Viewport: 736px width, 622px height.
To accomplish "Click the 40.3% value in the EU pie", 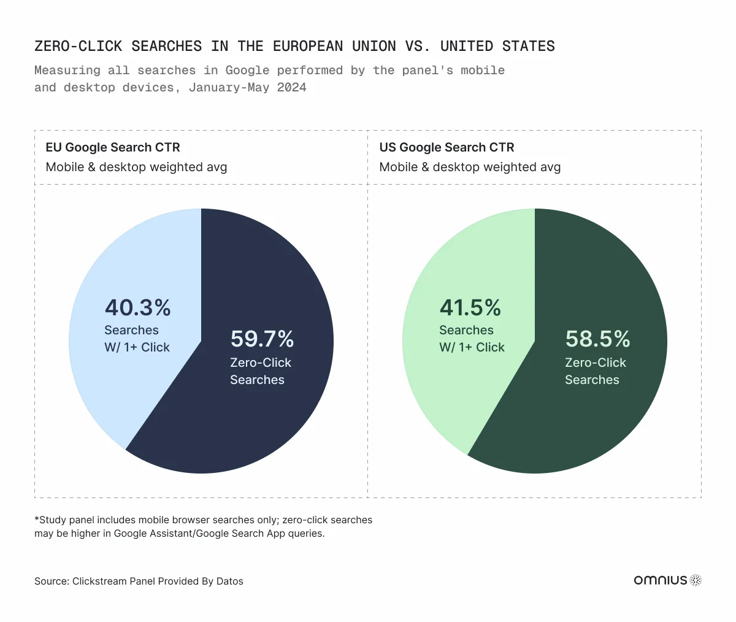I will coord(137,307).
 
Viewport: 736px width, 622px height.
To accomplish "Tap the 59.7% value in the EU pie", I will coord(262,339).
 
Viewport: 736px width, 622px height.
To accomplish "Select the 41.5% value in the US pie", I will coord(470,307).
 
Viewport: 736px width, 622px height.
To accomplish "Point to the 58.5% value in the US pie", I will coord(597,339).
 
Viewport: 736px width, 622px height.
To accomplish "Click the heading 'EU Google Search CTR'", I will coord(113,147).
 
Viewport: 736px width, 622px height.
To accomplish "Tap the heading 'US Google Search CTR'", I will coord(447,147).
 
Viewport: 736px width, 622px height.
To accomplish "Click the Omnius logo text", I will coord(660,580).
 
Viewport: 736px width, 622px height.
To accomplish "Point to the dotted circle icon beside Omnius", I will coord(696,580).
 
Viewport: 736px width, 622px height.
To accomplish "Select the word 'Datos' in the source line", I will coord(229,582).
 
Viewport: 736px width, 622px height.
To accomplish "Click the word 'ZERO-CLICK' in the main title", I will coord(78,46).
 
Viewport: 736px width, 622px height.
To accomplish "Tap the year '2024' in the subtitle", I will coord(291,87).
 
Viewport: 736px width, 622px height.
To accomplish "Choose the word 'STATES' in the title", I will coord(528,46).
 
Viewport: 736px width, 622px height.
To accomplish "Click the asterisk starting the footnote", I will coord(37,519).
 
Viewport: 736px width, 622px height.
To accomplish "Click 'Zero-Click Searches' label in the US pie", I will coord(595,371).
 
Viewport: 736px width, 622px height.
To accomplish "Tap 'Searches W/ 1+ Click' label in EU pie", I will coord(137,339).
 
